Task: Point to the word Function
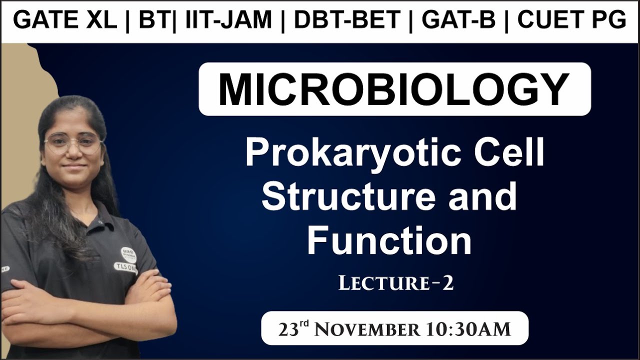tap(389, 240)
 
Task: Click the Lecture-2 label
tap(396, 283)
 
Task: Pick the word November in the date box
tap(368, 329)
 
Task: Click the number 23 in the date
tap(288, 329)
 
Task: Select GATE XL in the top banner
tap(65, 20)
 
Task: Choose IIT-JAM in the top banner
tap(228, 20)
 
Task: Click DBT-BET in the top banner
tap(347, 20)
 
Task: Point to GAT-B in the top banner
tap(458, 20)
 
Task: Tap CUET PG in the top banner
tap(571, 20)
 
